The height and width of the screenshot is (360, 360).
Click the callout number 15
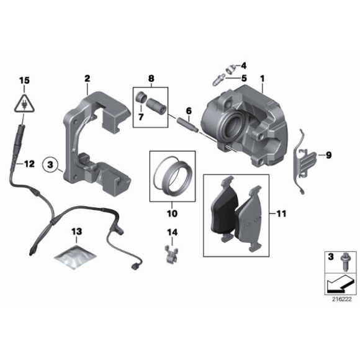pos(24,80)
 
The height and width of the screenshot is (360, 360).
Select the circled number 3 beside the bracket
pos(52,165)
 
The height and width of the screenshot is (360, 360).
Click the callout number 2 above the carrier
pos(88,78)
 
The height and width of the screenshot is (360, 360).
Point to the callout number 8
pos(151,78)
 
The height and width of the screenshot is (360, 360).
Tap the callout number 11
pos(281,214)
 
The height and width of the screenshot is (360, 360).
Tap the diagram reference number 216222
pos(341,298)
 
